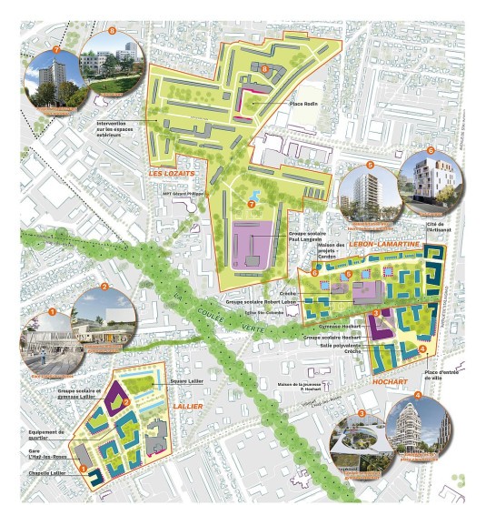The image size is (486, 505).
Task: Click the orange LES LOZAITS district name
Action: (172, 171)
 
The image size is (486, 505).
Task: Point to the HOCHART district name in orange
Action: (391, 383)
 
